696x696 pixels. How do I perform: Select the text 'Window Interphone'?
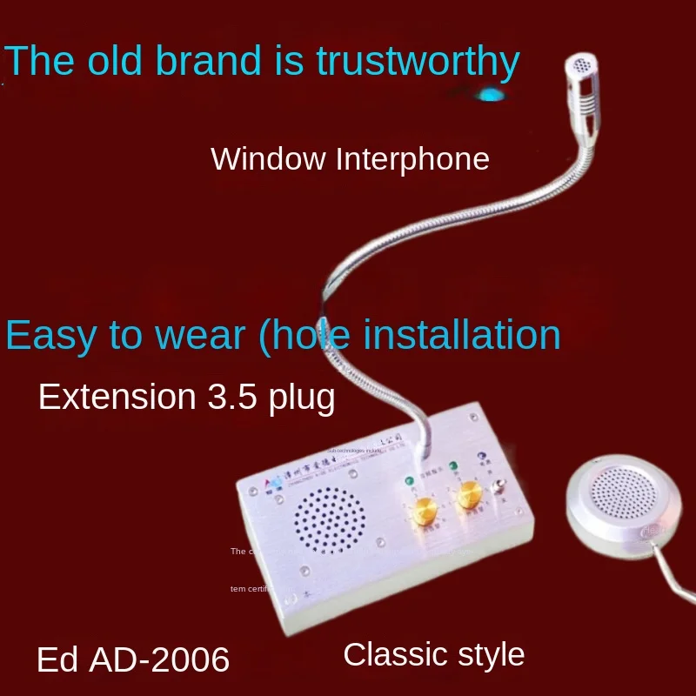tap(350, 159)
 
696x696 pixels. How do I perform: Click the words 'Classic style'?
tap(433, 654)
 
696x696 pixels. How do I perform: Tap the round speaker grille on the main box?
tap(329, 520)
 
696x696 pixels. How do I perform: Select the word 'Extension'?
tap(117, 397)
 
